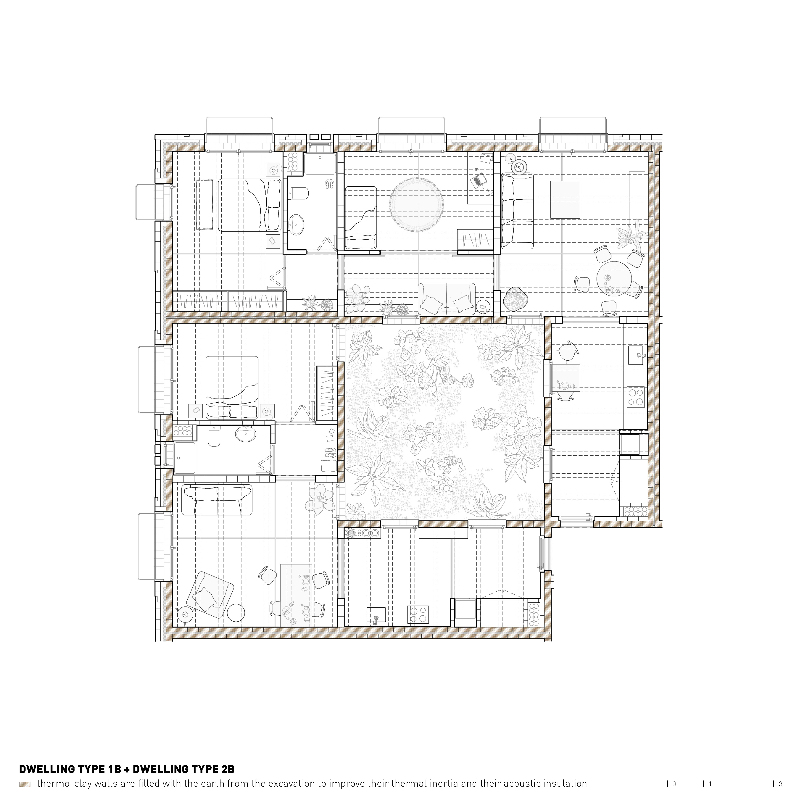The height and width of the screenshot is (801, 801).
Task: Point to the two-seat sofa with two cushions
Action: point(447,299)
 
